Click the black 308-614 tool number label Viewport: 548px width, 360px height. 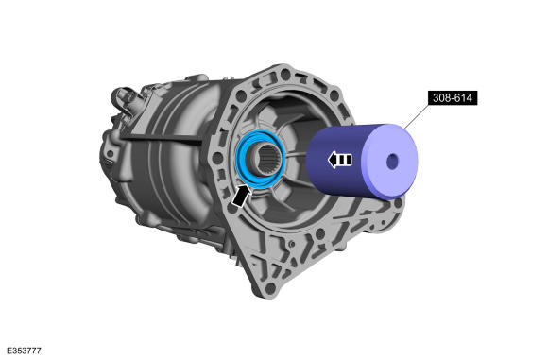[453, 98]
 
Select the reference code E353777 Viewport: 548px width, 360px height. [25, 351]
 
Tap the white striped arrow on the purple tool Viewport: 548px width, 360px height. [340, 160]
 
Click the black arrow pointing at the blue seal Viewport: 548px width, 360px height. [241, 196]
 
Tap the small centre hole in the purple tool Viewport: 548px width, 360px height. [392, 162]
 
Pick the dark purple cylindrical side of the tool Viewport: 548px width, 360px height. [335, 161]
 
